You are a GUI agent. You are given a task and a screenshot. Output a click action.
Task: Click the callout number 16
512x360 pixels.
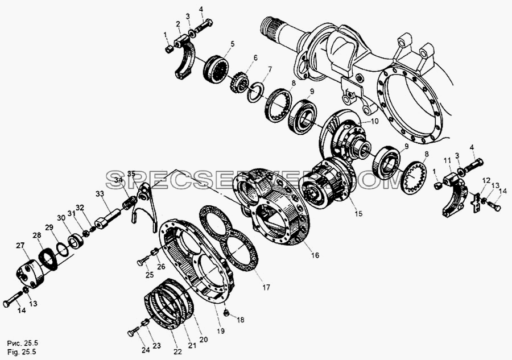coord(315,255)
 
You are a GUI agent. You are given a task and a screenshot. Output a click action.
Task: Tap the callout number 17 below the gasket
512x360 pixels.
coord(266,287)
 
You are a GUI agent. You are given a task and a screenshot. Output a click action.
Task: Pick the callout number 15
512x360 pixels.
coord(358,214)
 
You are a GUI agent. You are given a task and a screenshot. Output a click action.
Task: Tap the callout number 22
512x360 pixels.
coord(177,351)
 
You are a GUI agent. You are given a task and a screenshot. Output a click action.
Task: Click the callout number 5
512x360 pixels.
coord(233,43)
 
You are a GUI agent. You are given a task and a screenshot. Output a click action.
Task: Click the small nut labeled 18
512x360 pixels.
coord(226,313)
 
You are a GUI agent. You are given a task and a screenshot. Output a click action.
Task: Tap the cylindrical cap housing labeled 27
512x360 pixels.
coord(30,275)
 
